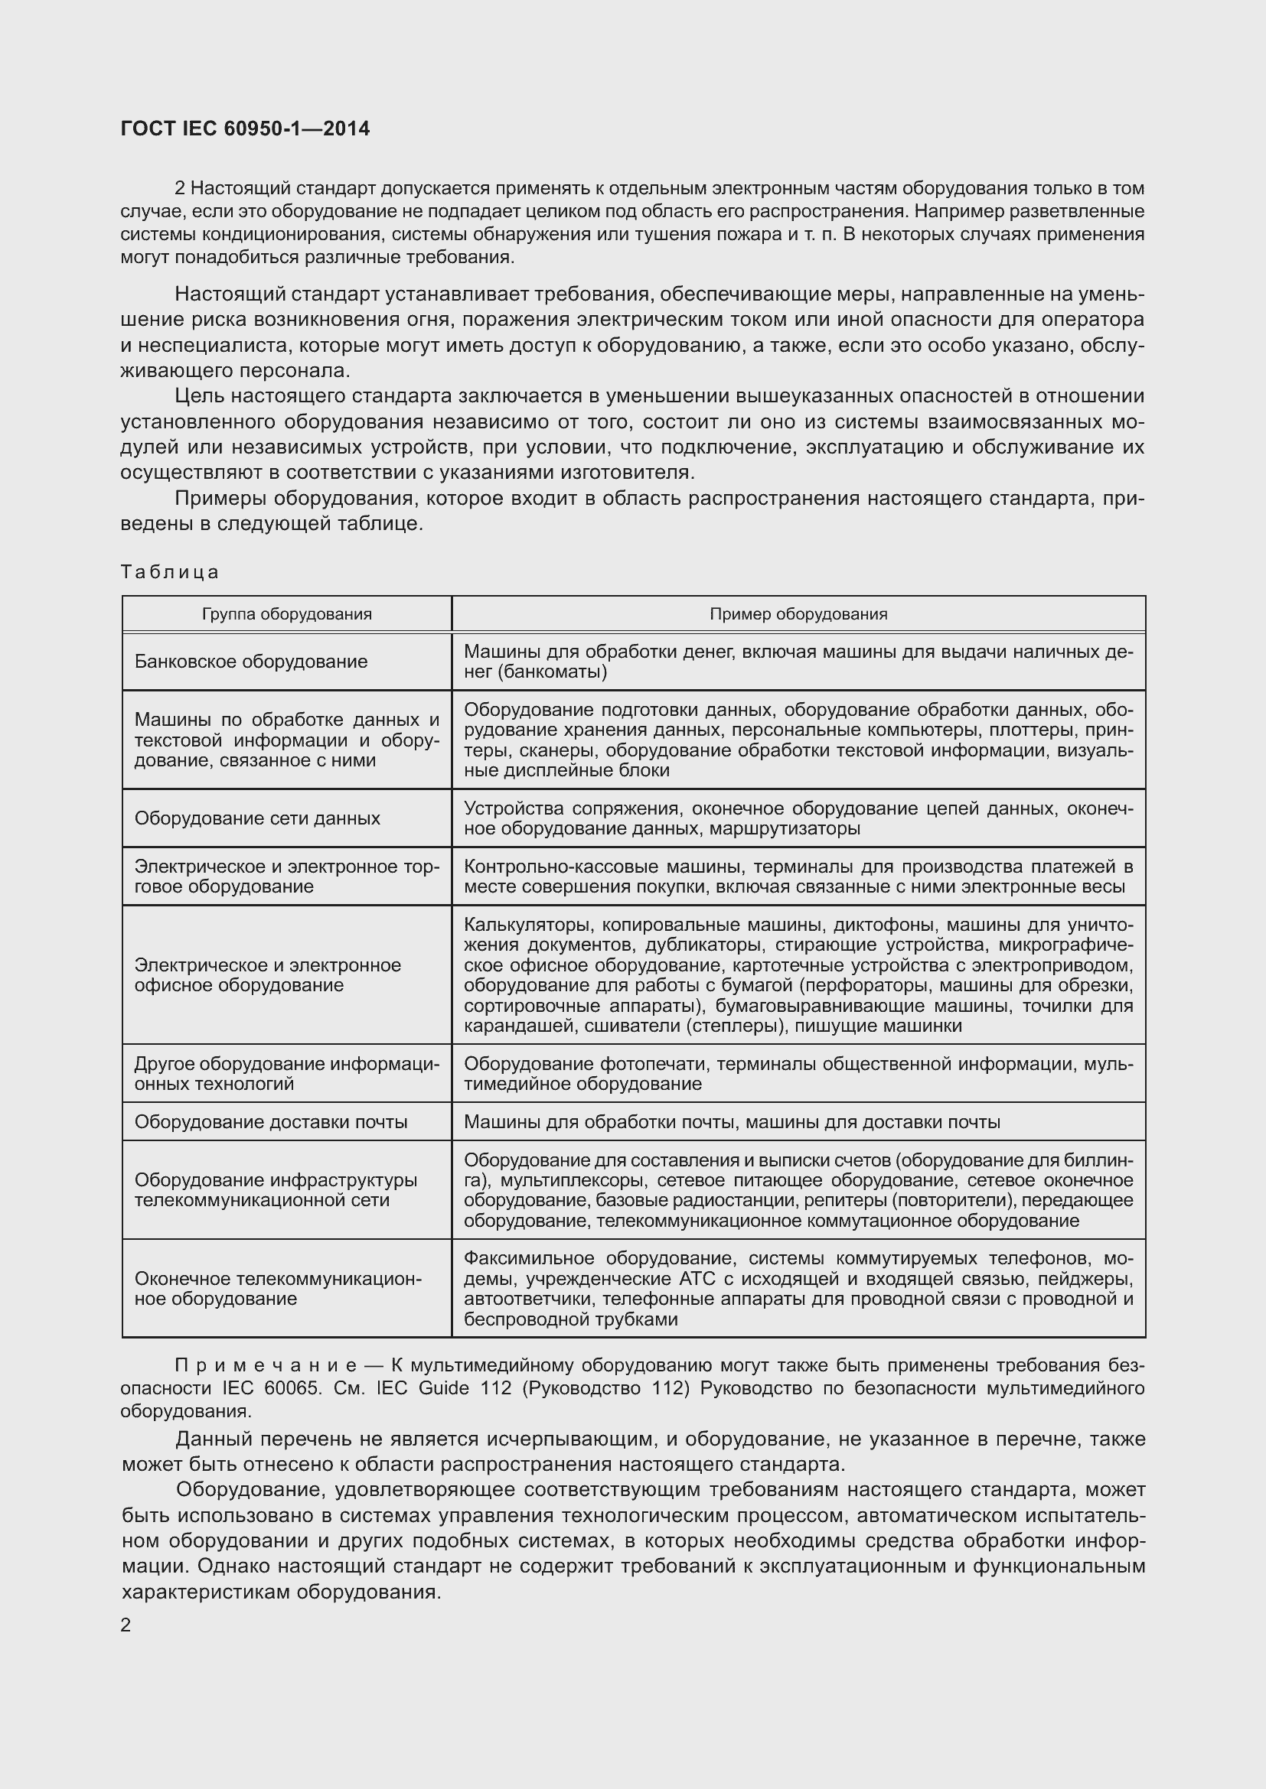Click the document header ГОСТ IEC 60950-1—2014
pos(245,128)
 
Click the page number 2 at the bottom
pos(126,1625)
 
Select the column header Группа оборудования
pos(286,614)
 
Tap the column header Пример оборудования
pos(798,614)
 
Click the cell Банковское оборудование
pos(250,662)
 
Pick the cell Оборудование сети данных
pos(257,818)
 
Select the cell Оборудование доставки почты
pos(270,1122)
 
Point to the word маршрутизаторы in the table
pos(785,828)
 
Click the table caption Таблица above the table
pos(170,572)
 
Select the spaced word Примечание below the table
pos(265,1365)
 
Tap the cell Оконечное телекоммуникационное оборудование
pos(278,1289)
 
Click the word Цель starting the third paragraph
pos(198,396)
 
